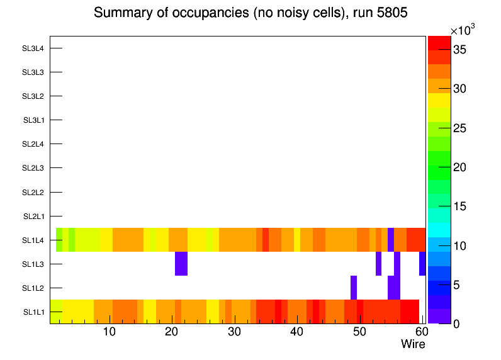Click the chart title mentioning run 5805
tap(250, 13)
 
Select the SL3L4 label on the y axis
tap(33, 48)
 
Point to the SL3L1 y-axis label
tap(33, 120)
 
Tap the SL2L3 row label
tap(33, 168)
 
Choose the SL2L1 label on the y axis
tap(33, 217)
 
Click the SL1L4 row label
tap(33, 240)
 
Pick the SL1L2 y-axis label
tap(33, 288)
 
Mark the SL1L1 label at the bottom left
tap(33, 312)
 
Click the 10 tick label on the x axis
tap(109, 332)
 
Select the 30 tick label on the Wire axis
tap(234, 332)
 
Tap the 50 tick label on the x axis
tap(359, 332)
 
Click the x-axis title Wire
tap(413, 344)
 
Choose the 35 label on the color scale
tap(461, 50)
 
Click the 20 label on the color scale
tap(461, 167)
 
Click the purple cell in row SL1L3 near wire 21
tap(181, 264)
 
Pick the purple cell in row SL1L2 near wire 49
tap(354, 288)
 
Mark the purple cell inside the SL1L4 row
tap(391, 240)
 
